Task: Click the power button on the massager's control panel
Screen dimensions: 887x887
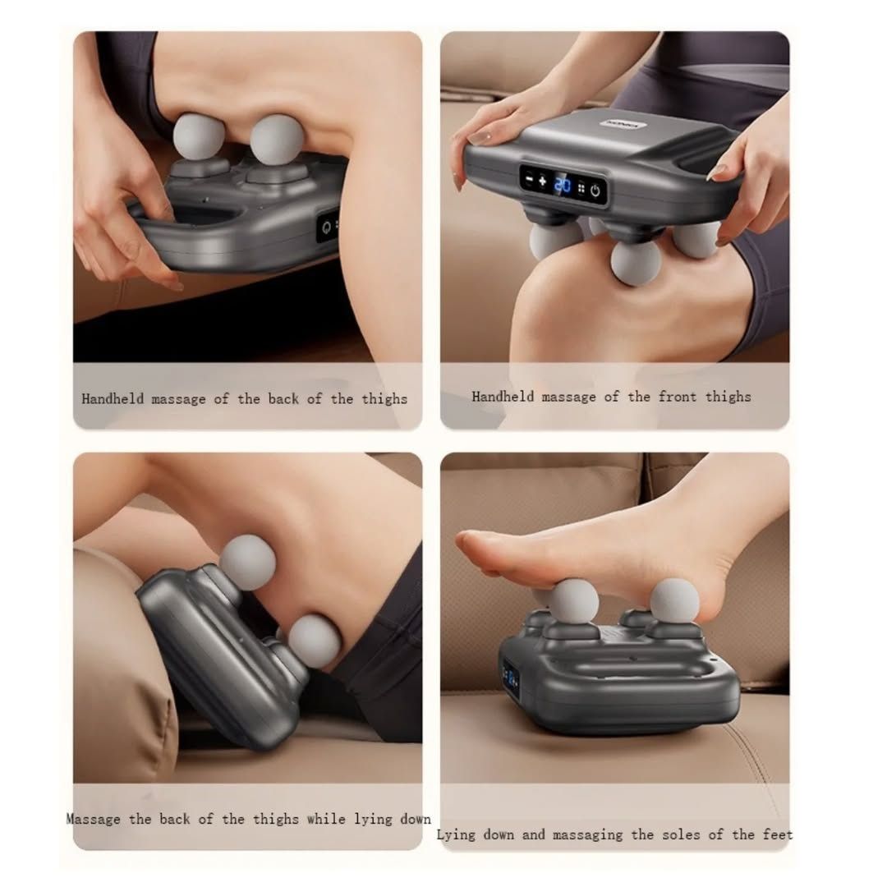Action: click(x=595, y=191)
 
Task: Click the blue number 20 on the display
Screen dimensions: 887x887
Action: click(x=562, y=185)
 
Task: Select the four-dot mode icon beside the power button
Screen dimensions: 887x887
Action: click(x=581, y=189)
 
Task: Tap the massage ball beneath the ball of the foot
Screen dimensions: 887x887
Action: click(x=573, y=600)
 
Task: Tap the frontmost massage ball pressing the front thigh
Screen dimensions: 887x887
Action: click(x=636, y=263)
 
